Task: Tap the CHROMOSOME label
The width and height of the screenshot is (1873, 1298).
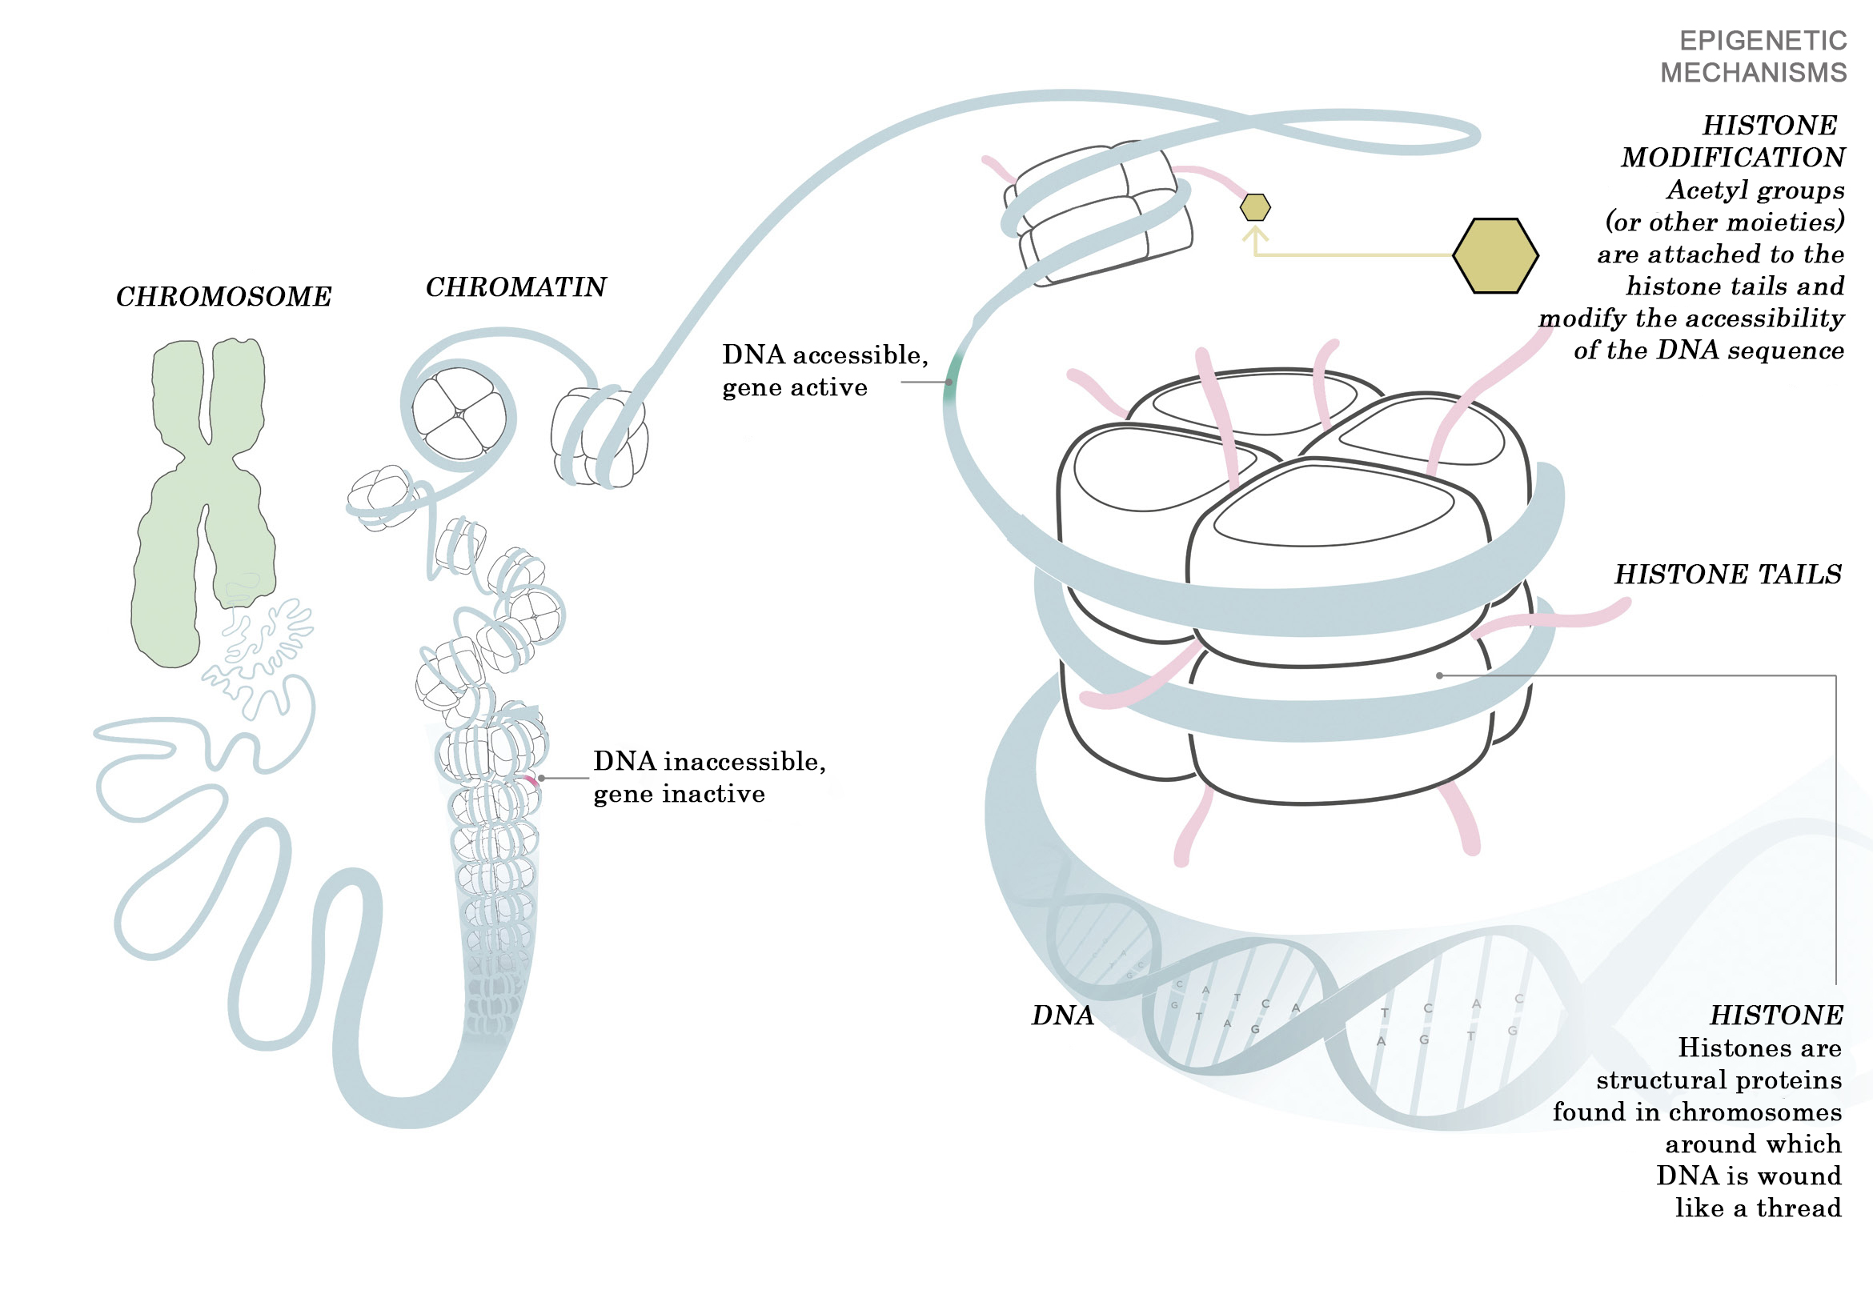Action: click(223, 297)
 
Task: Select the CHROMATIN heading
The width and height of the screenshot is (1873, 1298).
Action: click(515, 287)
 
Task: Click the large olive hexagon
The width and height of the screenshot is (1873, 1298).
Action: click(1495, 255)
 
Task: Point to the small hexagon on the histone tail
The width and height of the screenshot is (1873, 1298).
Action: click(1255, 207)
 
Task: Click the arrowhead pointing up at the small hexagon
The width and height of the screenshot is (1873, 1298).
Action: click(1256, 234)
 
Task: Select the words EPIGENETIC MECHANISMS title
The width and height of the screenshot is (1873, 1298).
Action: click(1754, 57)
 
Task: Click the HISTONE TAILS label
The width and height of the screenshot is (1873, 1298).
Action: click(1727, 575)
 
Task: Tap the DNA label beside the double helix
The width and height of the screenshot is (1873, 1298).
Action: click(1062, 1016)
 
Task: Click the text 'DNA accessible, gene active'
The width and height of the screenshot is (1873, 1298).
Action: click(824, 371)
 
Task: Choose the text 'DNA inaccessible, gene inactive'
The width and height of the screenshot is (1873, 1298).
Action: click(708, 778)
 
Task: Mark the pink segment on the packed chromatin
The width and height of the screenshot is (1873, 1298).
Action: click(530, 781)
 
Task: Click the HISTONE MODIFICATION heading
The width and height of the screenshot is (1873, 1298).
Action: click(1732, 142)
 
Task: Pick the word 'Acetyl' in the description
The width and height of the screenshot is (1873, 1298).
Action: click(1705, 190)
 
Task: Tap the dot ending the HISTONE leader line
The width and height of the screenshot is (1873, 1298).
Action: click(1439, 676)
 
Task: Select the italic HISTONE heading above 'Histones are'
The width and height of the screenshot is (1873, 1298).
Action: click(1775, 1016)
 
